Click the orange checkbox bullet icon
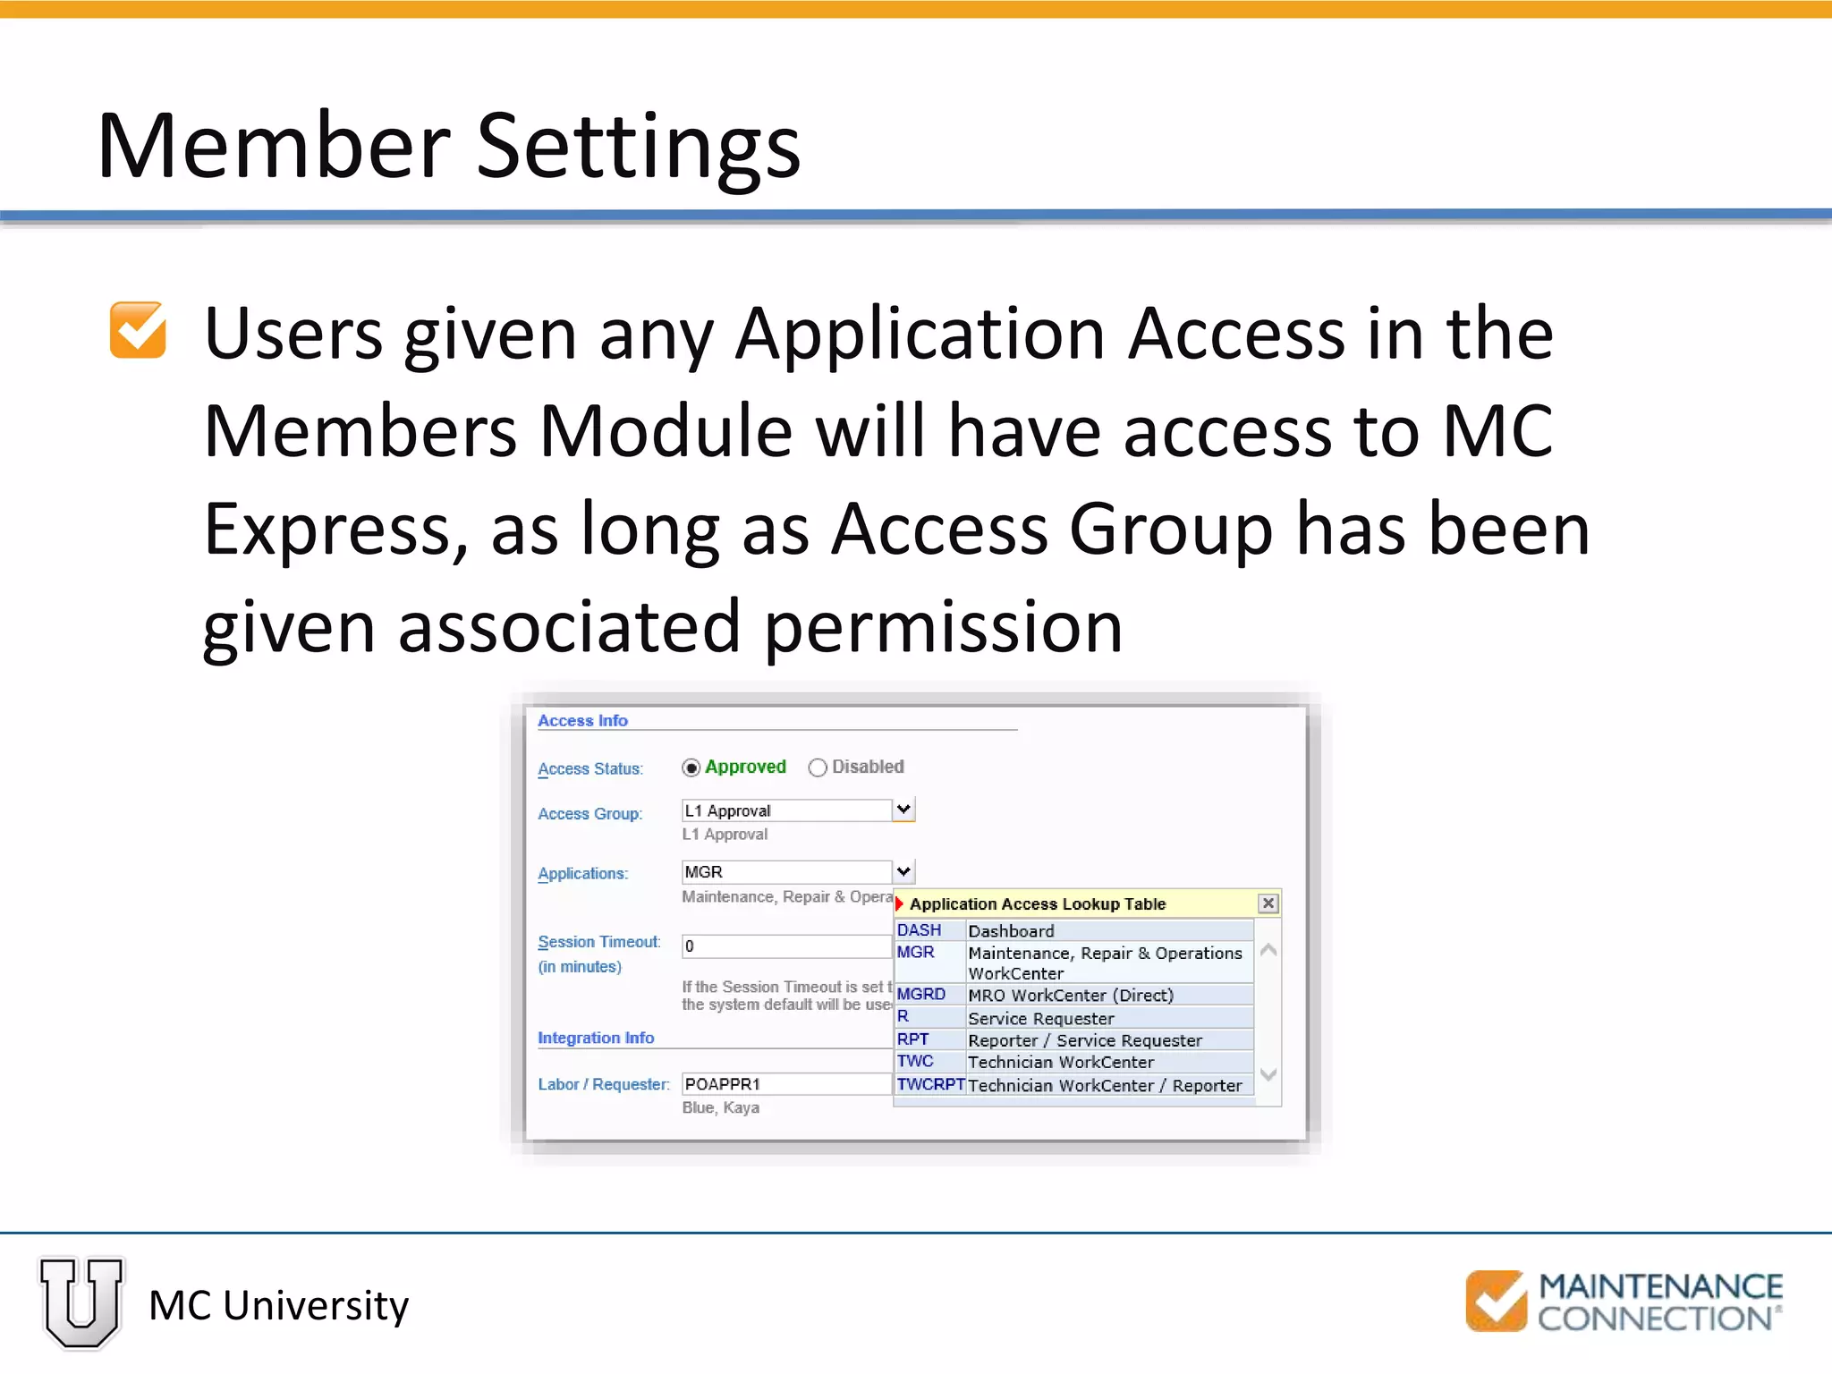(138, 330)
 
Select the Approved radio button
(691, 768)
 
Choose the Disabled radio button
(817, 768)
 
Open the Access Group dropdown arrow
(903, 810)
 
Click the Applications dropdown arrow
(903, 871)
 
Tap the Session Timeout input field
(785, 946)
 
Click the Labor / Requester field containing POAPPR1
(785, 1084)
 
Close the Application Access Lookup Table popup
(1268, 903)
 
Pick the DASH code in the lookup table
(919, 930)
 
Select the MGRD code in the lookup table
(920, 995)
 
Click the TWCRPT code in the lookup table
(930, 1085)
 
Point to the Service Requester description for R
(1040, 1018)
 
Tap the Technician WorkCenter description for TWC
(1060, 1062)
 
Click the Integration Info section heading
(596, 1038)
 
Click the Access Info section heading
(582, 721)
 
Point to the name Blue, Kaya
(720, 1107)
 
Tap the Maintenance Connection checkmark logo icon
(1496, 1301)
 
